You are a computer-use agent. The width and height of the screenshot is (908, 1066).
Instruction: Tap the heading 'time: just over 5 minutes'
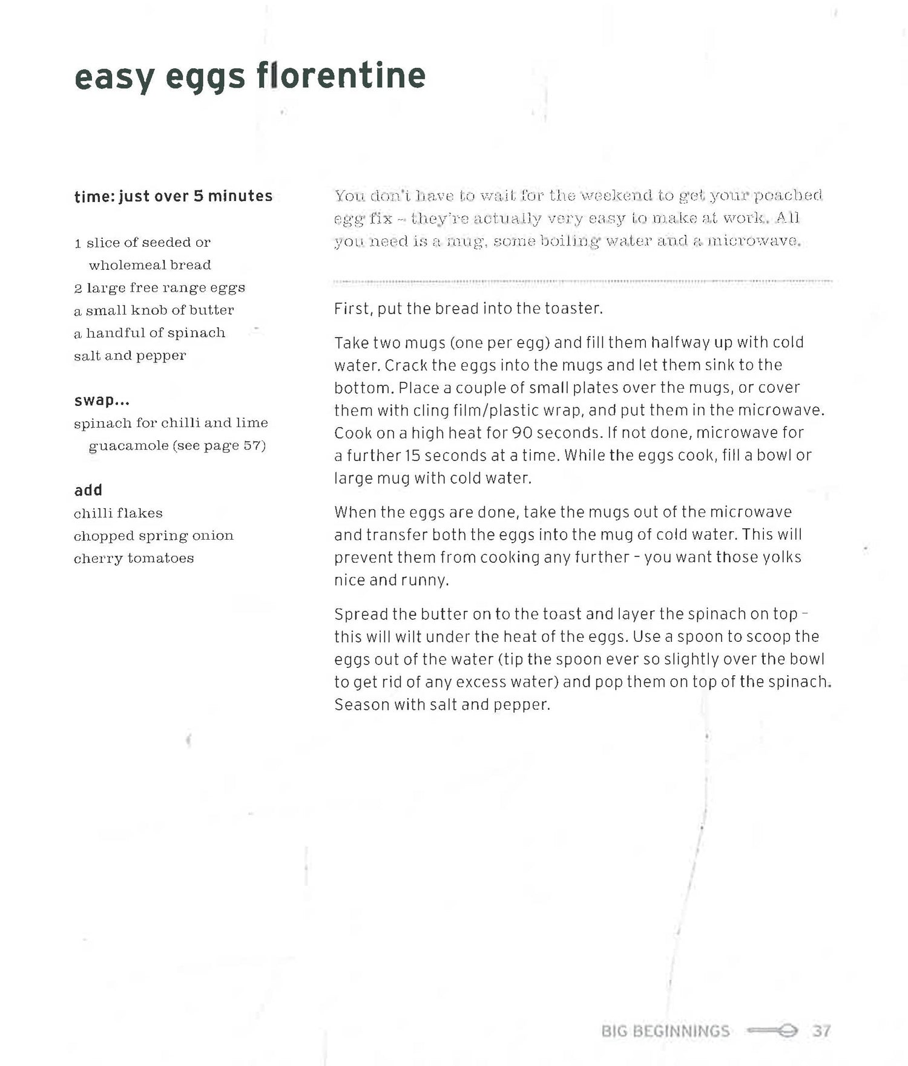173,196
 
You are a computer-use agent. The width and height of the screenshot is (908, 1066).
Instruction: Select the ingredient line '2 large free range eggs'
159,287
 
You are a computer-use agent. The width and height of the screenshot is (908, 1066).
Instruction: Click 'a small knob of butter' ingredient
154,310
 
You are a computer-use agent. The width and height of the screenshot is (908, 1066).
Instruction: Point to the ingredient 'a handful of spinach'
150,333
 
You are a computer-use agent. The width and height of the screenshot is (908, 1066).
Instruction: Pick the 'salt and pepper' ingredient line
130,356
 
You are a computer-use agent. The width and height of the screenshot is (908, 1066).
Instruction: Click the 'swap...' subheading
102,401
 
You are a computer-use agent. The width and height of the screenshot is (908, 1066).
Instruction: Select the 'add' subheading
88,490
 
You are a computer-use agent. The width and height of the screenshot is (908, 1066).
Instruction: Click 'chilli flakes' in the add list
118,513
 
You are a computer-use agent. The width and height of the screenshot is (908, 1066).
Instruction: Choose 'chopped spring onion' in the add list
153,535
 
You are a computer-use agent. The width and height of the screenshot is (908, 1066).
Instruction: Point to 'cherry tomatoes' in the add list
134,558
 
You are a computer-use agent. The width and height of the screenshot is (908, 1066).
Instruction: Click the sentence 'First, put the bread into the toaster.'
469,309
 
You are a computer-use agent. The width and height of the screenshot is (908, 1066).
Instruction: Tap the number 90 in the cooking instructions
522,433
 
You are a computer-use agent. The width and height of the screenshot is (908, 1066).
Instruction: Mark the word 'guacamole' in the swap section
128,446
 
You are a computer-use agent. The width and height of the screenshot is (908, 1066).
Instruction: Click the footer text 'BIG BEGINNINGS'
666,1030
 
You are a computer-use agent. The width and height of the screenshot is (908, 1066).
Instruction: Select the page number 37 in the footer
821,1030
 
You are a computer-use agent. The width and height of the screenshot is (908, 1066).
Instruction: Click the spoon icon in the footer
773,1030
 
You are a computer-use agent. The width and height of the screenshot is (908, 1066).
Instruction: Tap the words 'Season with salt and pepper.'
442,705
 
